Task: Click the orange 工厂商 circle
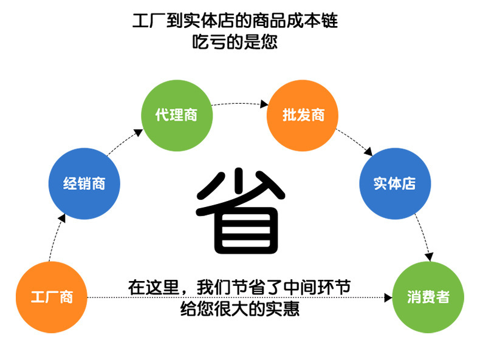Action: (x=52, y=297)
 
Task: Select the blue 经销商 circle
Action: (x=84, y=183)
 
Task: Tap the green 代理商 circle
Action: (x=177, y=115)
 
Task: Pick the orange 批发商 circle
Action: (x=303, y=115)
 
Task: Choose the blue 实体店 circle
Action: (x=395, y=183)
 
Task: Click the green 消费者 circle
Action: (x=428, y=297)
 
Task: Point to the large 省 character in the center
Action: (x=240, y=211)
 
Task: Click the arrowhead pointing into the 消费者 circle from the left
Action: (x=388, y=297)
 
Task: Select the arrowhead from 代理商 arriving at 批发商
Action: (x=264, y=104)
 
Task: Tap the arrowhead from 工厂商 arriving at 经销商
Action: (x=62, y=218)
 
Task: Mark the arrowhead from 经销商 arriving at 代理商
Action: (x=139, y=132)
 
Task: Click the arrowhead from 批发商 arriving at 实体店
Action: (x=368, y=151)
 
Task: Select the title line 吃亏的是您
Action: (x=235, y=42)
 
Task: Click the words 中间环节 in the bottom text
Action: (x=317, y=287)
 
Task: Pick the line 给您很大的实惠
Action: (x=240, y=308)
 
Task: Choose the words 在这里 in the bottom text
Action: (x=153, y=287)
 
